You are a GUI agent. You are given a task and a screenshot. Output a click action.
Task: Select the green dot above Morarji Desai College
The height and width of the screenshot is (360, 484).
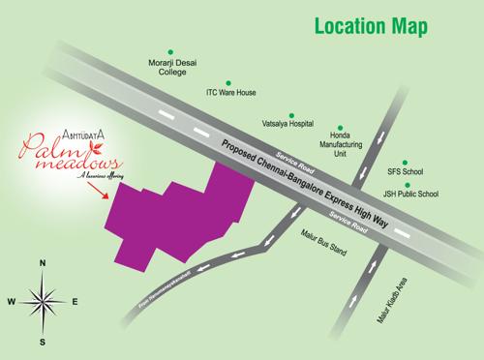(171, 51)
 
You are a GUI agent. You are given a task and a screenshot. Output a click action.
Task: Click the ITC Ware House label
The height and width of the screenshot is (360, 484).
(230, 93)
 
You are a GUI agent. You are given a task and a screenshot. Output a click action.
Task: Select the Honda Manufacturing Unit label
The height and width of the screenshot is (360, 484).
(352, 145)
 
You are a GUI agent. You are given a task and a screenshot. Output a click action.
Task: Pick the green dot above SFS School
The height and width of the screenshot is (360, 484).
(408, 159)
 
